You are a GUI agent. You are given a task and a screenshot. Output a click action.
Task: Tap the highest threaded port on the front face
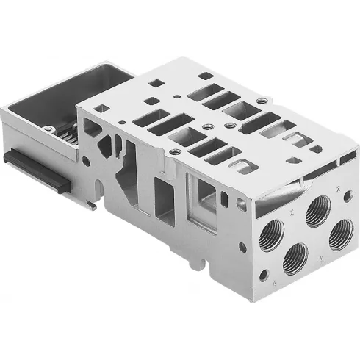(318, 212)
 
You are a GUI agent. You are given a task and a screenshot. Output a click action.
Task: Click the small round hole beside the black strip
(86, 160)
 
